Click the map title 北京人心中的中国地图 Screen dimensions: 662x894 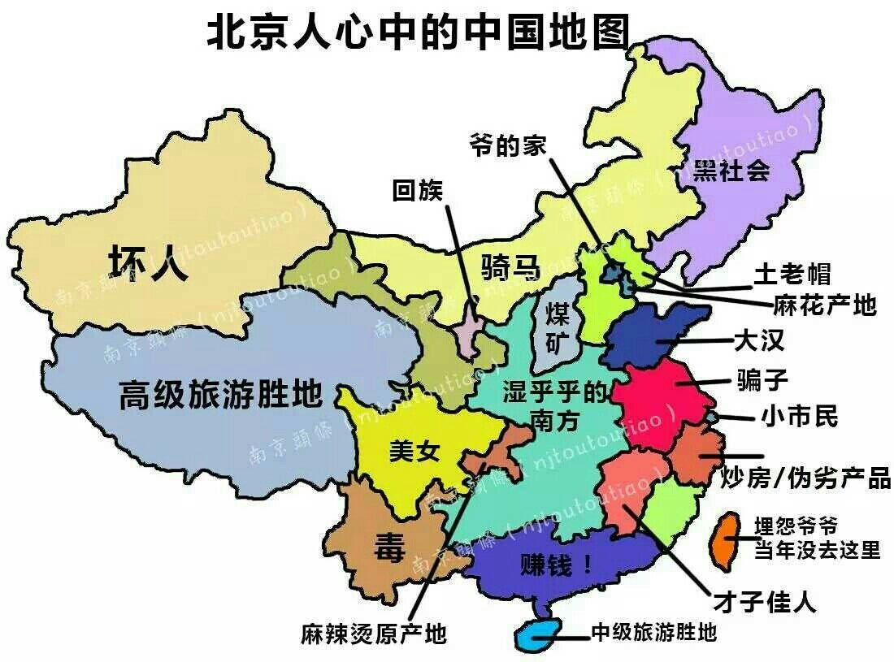tap(418, 33)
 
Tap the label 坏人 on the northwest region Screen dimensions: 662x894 tap(149, 263)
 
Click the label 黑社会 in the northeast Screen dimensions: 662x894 tap(731, 171)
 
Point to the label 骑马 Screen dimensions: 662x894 tap(510, 266)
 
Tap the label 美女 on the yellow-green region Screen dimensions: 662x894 tap(414, 452)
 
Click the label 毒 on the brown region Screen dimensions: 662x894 tap(388, 548)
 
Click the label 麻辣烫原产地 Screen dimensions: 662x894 tap(373, 633)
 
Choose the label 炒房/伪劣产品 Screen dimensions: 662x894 tap(805, 478)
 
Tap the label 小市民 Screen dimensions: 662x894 tap(799, 418)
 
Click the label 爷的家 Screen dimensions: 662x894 tap(507, 146)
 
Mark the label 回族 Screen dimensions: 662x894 tap(417, 191)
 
